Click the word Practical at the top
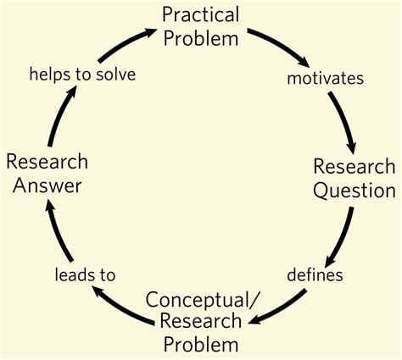click(200, 14)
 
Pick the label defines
click(315, 274)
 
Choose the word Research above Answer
click(47, 160)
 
